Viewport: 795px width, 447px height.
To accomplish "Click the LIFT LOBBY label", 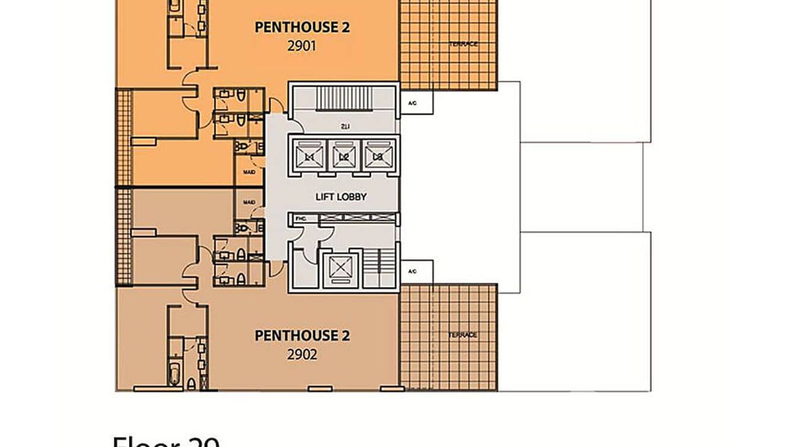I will coord(341,197).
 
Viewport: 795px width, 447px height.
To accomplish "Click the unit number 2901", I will coord(302,45).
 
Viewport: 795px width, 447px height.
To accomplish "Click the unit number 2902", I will coord(302,355).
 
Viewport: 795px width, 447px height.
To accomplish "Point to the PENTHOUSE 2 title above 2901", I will coord(302,27).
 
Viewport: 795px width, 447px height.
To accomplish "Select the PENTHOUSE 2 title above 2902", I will coord(302,336).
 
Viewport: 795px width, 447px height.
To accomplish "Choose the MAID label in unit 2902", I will coord(249,202).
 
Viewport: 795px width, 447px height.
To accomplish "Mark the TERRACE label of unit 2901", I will coord(463,44).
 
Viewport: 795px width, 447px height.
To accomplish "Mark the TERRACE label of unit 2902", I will coord(463,336).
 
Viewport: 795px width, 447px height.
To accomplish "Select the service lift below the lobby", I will coord(341,268).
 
